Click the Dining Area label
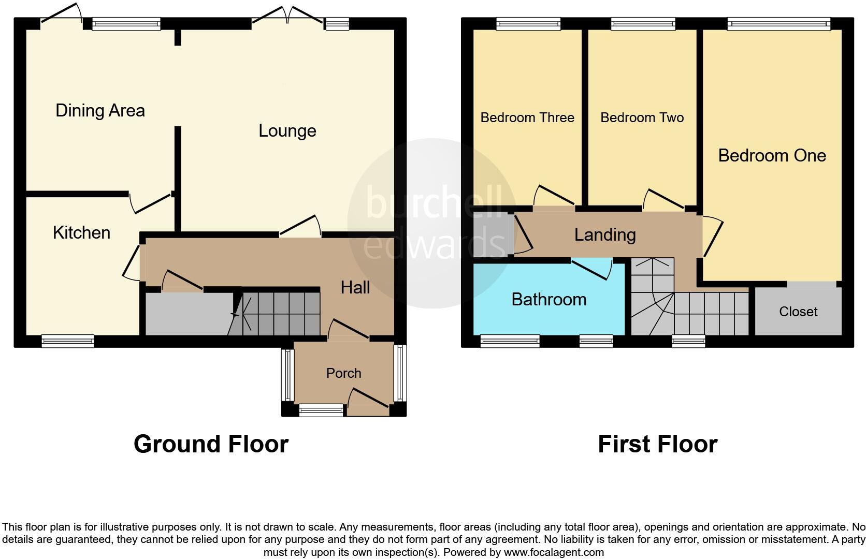[100, 111]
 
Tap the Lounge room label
[287, 131]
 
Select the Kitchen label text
[81, 233]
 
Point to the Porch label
[343, 373]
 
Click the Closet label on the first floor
[798, 312]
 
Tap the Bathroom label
[549, 300]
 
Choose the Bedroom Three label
[527, 118]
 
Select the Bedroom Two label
[642, 118]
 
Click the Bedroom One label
[772, 156]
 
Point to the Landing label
[604, 235]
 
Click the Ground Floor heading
[211, 444]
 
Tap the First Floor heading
[657, 444]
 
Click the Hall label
[355, 288]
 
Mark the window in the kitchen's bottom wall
[68, 341]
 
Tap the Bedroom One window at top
[778, 23]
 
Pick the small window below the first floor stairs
[688, 341]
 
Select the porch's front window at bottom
[321, 411]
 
